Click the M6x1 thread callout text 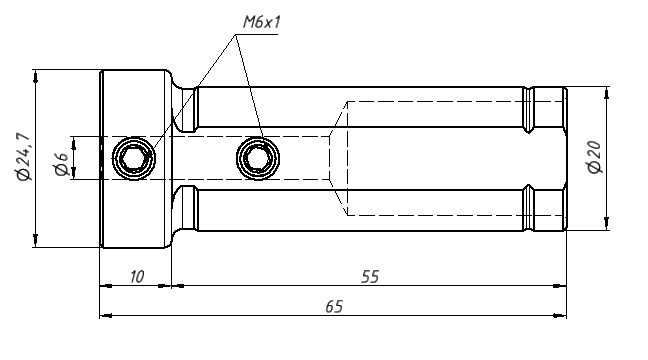261,22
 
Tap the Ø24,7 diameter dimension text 23,157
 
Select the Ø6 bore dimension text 61,164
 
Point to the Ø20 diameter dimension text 594,157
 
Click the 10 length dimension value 137,277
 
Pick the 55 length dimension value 369,277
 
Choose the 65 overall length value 334,307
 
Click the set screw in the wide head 134,158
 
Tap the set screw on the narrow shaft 258,158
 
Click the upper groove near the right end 528,110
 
